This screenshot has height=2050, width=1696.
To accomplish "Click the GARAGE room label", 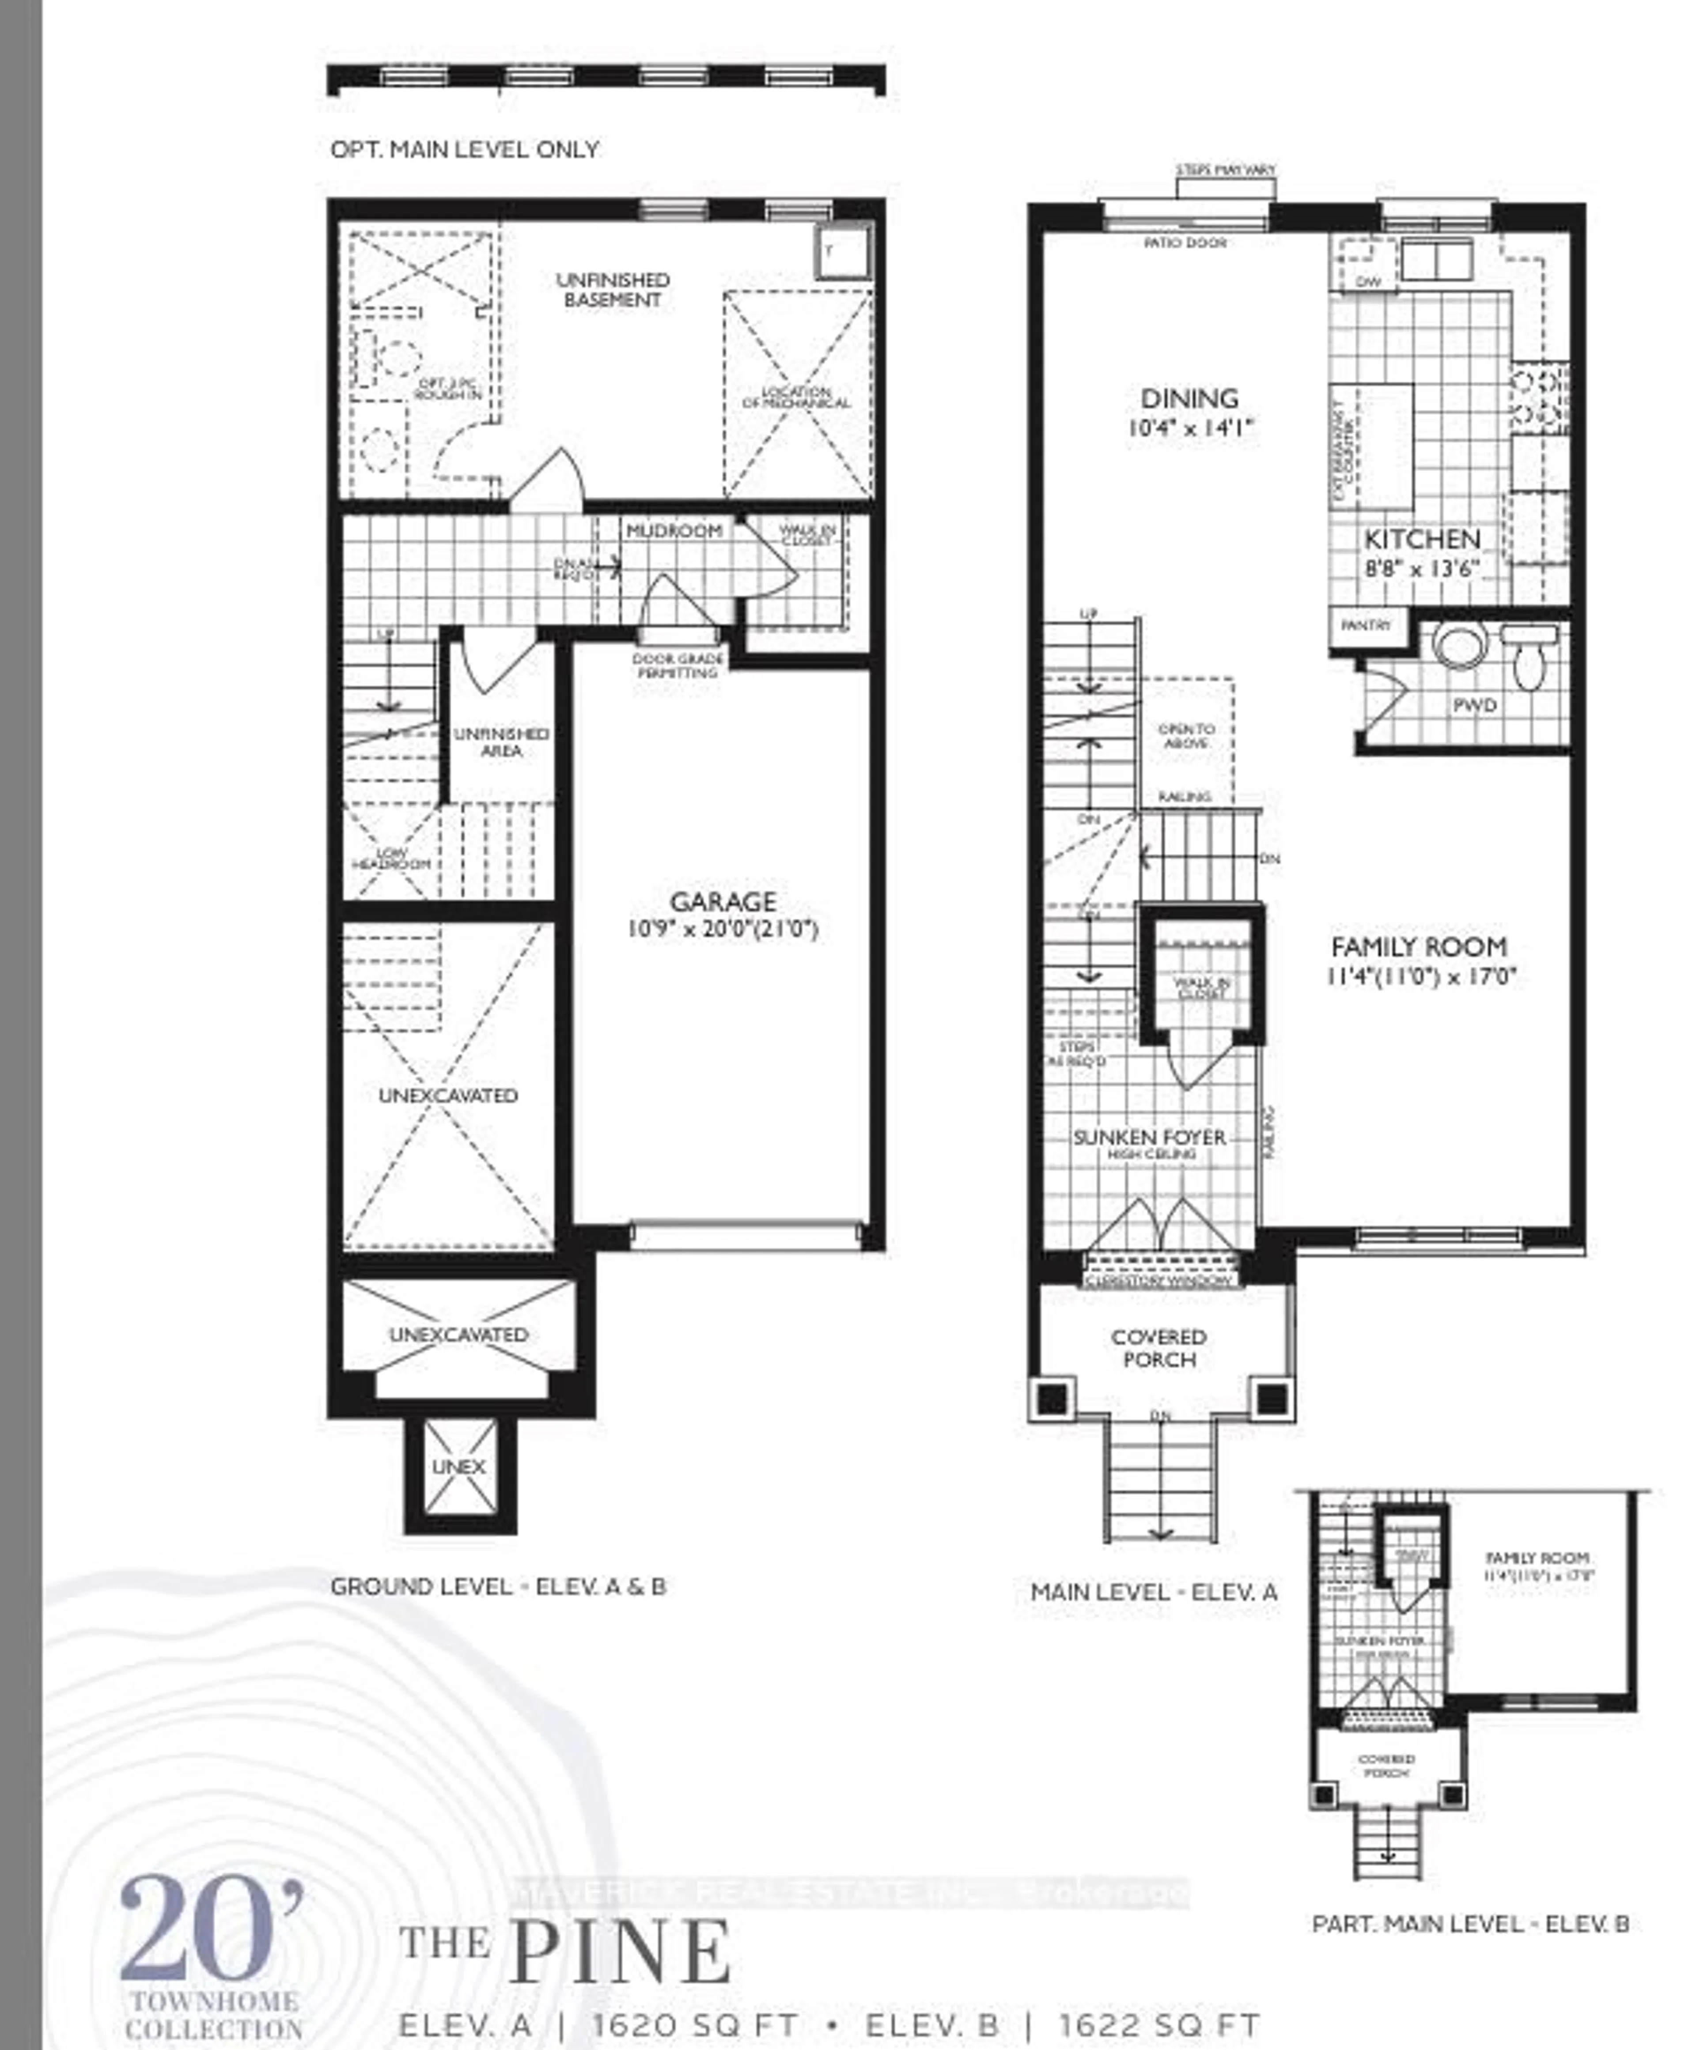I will point(723,901).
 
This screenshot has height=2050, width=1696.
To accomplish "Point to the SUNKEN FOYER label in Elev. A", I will point(1149,1137).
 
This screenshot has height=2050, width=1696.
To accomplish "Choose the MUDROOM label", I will point(674,530).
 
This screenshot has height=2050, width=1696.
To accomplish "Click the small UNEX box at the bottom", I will point(459,1466).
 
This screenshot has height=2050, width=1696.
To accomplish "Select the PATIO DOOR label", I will point(1185,242).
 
